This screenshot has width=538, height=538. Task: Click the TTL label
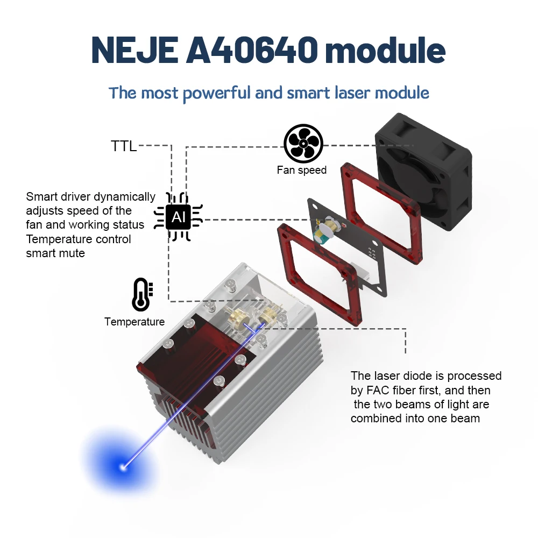coord(124,146)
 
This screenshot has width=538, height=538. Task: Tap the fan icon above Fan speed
coord(303,143)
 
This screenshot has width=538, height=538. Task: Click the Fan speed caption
coord(301,170)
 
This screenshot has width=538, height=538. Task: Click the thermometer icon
coord(141,294)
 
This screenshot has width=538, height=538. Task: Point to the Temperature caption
coord(134,322)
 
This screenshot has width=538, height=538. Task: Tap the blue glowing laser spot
coord(123,466)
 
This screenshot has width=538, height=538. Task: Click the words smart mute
coord(55,253)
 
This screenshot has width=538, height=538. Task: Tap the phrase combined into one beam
coord(415,418)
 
